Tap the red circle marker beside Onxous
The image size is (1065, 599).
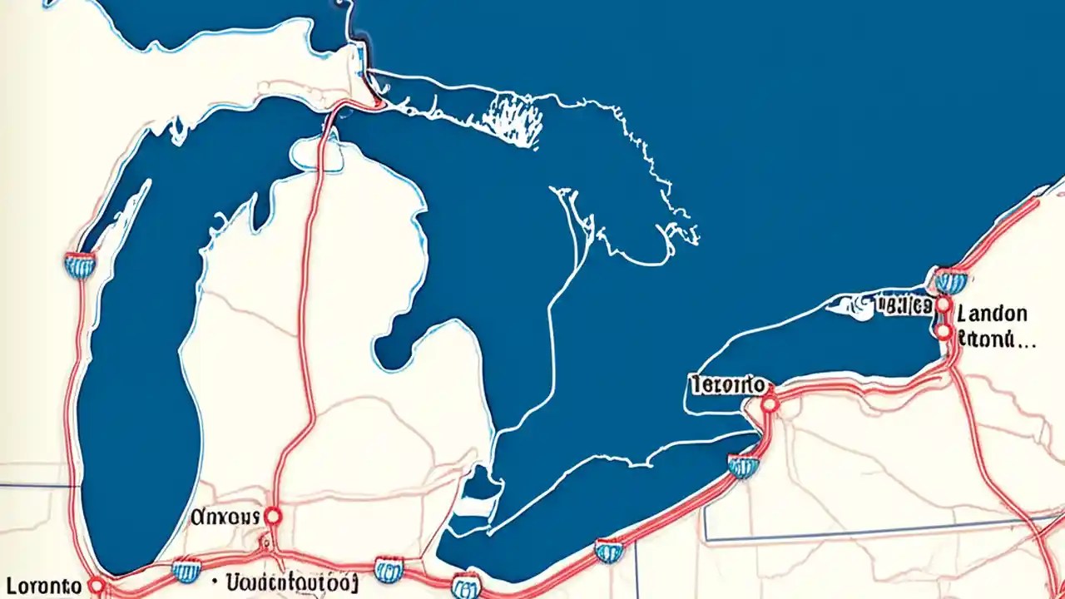point(273,517)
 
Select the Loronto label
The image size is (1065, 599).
point(42,585)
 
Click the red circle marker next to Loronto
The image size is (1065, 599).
point(97,586)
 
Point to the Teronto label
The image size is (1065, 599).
point(728,385)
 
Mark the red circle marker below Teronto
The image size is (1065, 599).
point(770,404)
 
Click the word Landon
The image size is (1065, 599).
point(993,314)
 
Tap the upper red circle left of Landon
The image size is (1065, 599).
point(943,305)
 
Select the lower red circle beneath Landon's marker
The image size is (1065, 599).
point(943,332)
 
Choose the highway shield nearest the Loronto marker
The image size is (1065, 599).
point(185,570)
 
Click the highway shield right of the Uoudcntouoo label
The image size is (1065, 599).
point(388,569)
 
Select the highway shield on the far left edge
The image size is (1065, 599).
point(80,264)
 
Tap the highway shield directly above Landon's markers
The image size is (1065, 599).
point(949,281)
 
